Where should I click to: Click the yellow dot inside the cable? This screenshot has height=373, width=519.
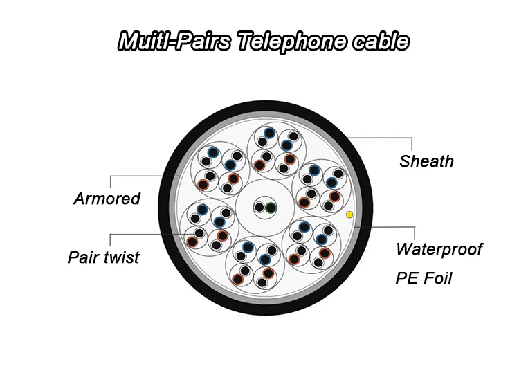[349, 215]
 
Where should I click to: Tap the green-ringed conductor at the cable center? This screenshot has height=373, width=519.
[271, 207]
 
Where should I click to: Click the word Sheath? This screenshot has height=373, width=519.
[426, 161]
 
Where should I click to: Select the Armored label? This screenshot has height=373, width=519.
[107, 199]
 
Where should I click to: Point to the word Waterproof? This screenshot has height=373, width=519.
[439, 248]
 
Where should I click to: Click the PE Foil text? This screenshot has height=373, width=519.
[424, 278]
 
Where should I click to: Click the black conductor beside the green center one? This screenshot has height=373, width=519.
[259, 207]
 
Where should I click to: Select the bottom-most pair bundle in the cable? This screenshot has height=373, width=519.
[255, 264]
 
